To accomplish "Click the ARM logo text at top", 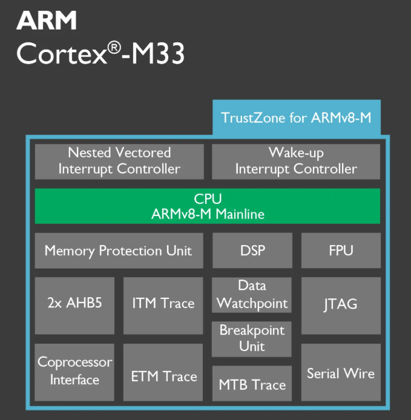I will pos(47,21).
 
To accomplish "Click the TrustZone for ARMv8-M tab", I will pos(296,117).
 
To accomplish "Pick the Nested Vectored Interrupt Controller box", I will pos(119,161).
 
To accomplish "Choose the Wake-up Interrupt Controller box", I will pos(296,161).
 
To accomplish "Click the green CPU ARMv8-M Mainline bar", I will pos(208,206).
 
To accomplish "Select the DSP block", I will pos(252,251).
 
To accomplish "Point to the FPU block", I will pos(340,251).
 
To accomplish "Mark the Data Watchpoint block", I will pos(252,295).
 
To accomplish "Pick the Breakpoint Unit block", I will pos(252,339).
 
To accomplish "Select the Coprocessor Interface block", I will pos(74,372).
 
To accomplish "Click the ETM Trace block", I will pos(163,376).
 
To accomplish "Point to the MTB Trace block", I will pos(252,384).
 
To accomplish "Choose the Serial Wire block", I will pos(340,373).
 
